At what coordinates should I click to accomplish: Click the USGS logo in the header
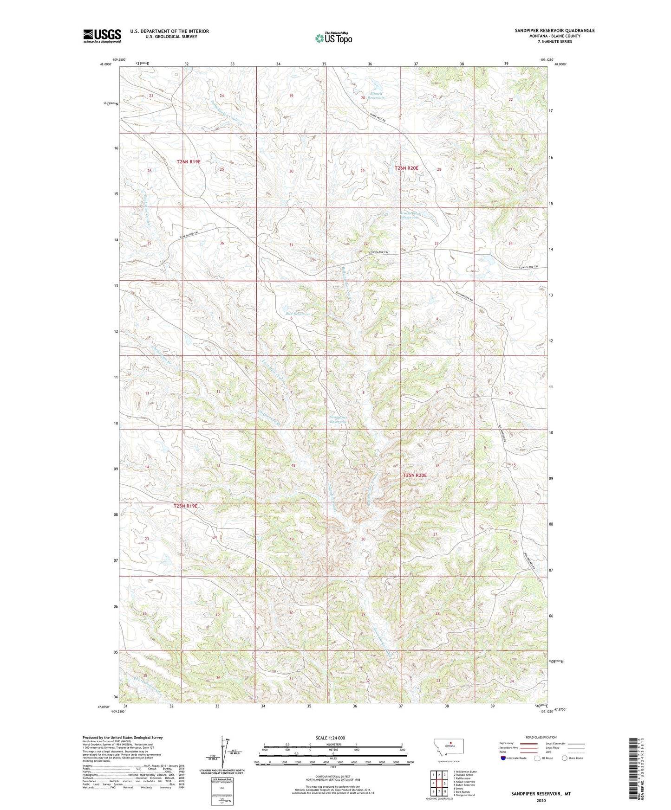pos(102,36)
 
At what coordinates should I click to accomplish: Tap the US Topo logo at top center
pos(333,38)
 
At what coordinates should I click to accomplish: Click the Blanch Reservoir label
pos(376,96)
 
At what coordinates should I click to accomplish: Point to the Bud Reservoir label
pos(297,314)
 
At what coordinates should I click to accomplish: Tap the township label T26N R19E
pos(189,161)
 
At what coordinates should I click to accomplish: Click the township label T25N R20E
pos(414,476)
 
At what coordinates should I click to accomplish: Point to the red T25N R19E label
pos(185,506)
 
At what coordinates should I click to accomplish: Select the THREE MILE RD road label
pos(378,118)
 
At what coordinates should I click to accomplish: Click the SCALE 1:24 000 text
pos(330,738)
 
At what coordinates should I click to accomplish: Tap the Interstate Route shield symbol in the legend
pos(504,759)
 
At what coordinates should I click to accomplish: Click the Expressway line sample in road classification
pos(530,743)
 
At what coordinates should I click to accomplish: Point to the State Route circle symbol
pos(565,759)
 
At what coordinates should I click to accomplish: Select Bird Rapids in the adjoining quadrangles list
pos(464,791)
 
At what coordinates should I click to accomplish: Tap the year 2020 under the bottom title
pos(541,800)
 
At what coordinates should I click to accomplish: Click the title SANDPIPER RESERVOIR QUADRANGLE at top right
pos(554,31)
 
